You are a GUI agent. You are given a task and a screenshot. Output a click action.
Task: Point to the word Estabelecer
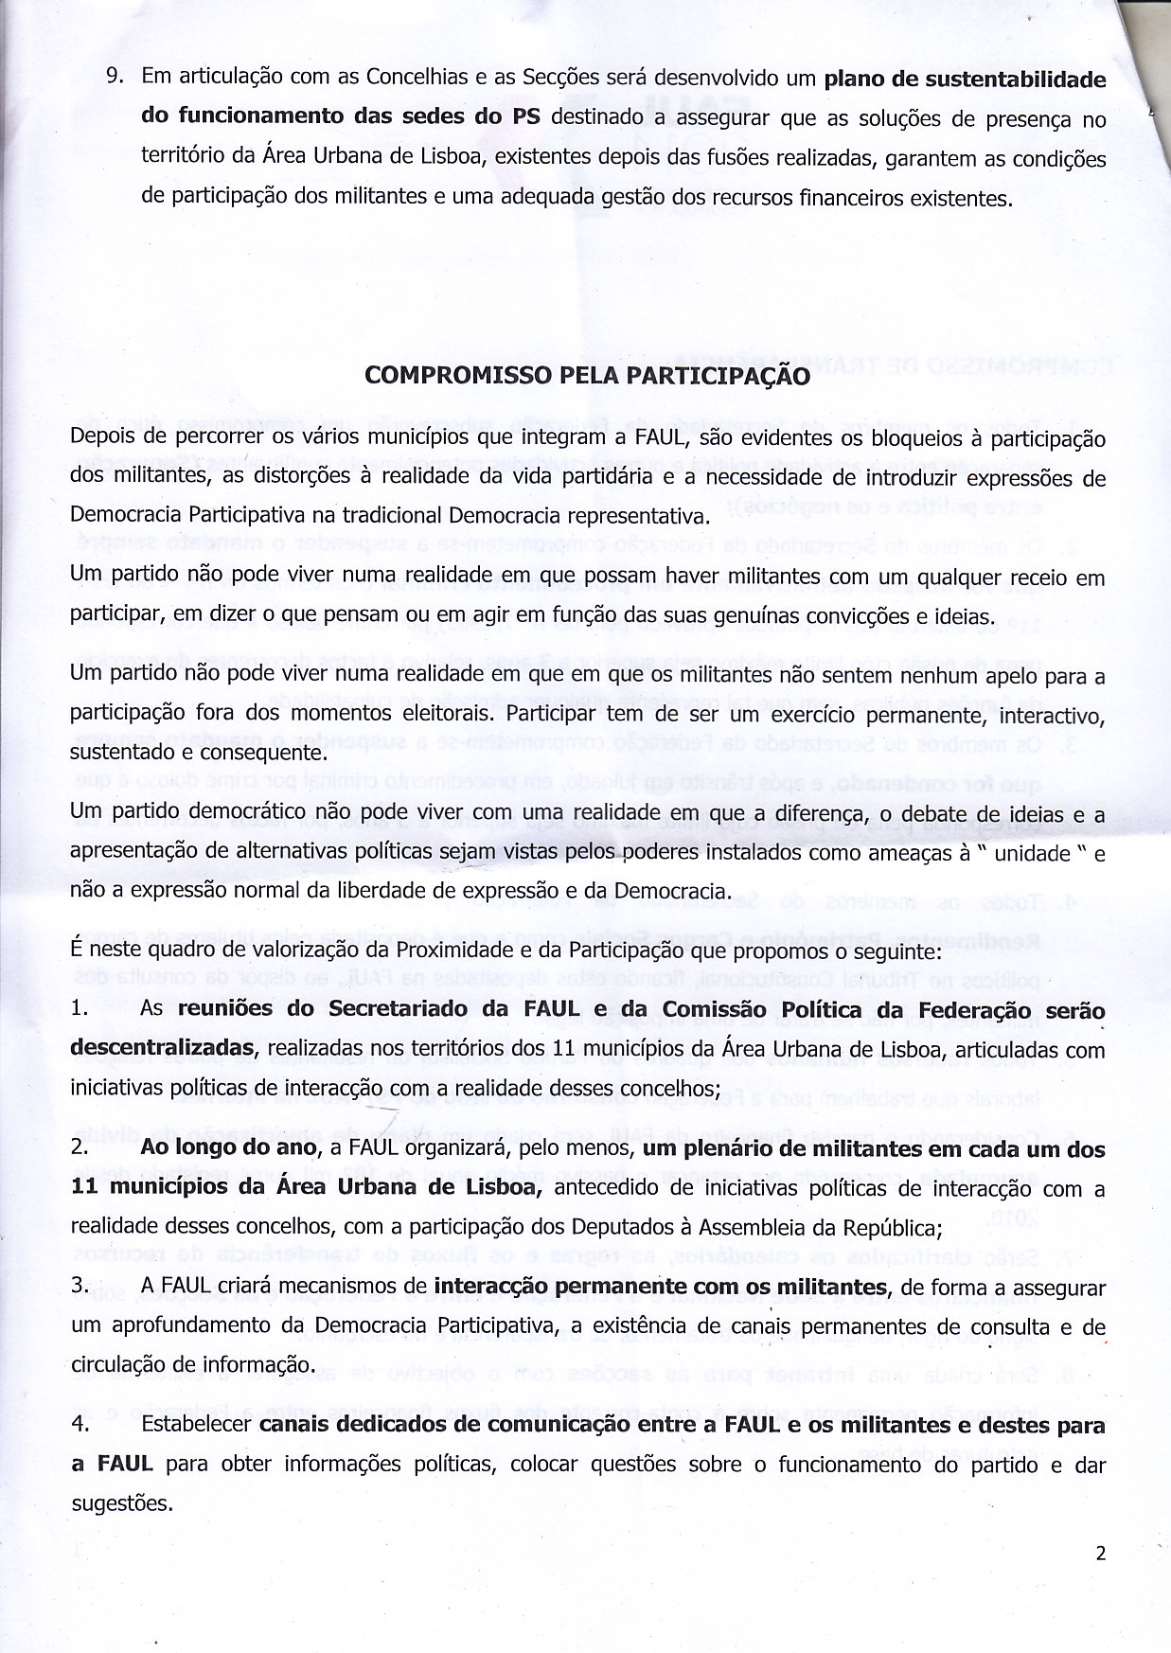[194, 1425]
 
